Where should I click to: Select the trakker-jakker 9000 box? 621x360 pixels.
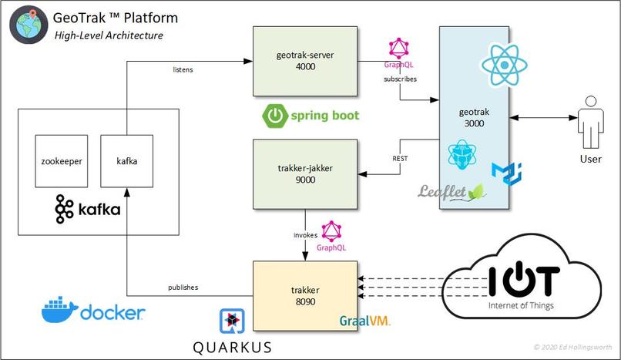(306, 174)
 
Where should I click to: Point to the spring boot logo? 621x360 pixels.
(310, 116)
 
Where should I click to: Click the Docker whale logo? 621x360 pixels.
(60, 310)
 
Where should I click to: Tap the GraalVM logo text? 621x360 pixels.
(364, 320)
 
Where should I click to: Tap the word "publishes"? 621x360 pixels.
(183, 287)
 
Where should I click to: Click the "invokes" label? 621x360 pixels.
(306, 234)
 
